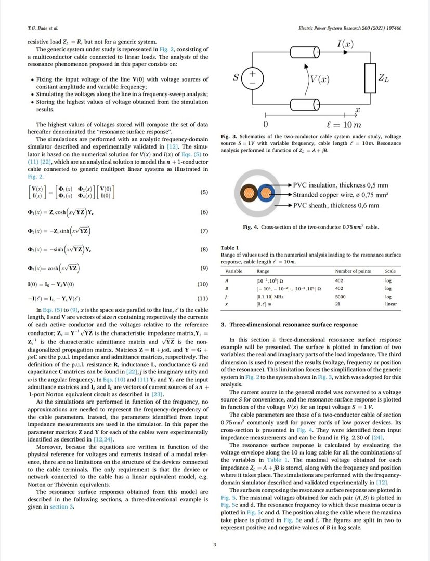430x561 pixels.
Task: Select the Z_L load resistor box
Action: coord(370,78)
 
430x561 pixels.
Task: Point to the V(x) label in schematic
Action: coord(319,80)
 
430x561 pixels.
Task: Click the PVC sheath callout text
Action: coord(336,205)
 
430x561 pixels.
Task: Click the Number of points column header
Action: coord(353,271)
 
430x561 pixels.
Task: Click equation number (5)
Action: coord(204,193)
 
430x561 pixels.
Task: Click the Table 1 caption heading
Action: coord(230,248)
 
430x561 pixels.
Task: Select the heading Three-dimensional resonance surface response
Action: coord(289,325)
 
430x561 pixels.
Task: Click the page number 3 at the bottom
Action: coord(215,545)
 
